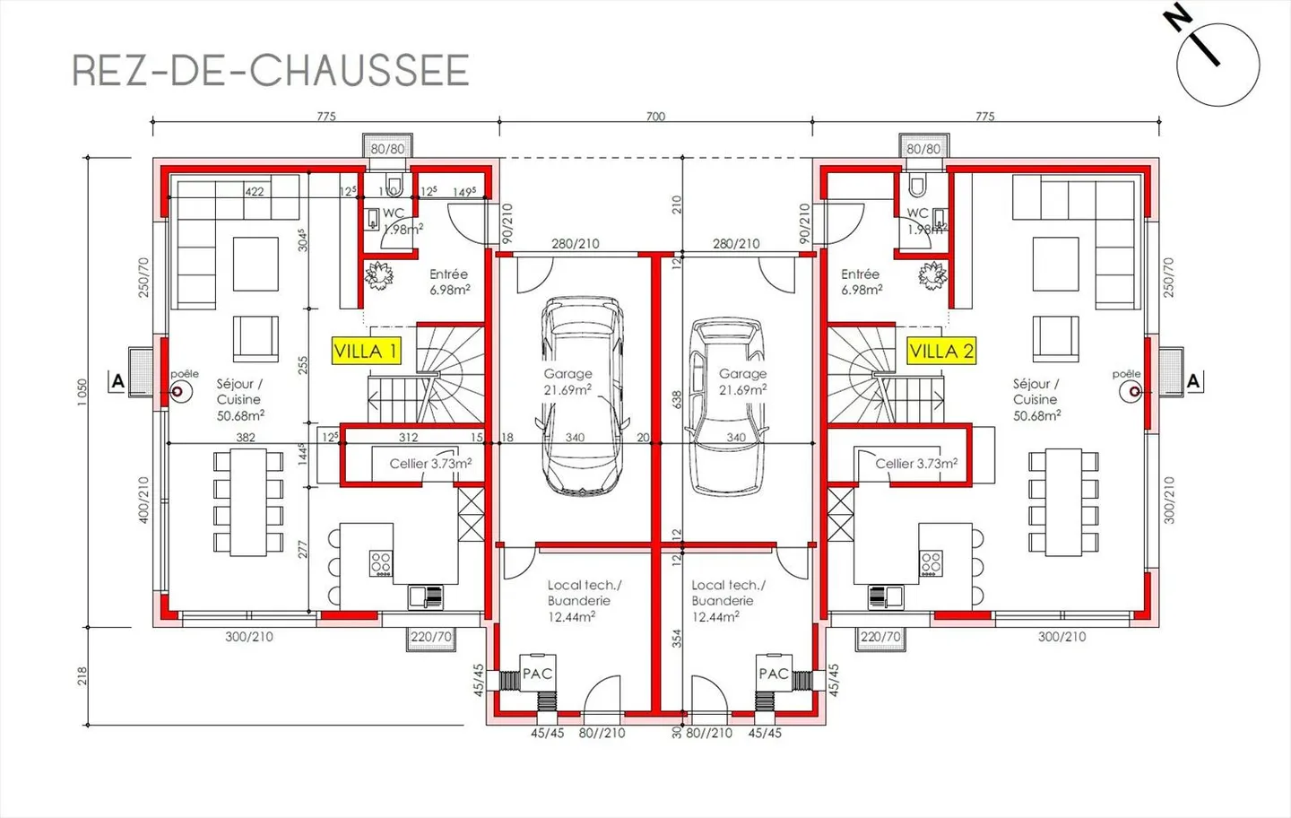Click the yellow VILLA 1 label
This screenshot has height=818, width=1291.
[366, 351]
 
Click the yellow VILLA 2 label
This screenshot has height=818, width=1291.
[940, 351]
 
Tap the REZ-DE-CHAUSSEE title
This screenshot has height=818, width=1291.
[271, 71]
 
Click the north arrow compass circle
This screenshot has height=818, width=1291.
[1217, 65]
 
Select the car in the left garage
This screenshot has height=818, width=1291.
[582, 396]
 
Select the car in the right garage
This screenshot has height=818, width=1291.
[727, 405]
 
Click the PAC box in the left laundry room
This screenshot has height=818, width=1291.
[537, 674]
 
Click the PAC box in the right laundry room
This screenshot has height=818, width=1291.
[774, 674]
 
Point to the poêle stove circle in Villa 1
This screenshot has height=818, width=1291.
[178, 391]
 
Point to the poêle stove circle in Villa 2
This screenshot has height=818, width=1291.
[1135, 392]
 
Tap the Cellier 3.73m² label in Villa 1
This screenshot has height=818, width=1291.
[430, 464]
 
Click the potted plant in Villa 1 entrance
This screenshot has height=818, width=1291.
[379, 274]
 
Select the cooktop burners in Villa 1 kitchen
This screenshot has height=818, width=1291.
[380, 563]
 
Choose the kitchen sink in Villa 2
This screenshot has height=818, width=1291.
[883, 596]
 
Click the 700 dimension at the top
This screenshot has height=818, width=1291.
[655, 116]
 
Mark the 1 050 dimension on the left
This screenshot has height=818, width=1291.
[82, 392]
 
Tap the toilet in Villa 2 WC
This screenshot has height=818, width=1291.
[916, 187]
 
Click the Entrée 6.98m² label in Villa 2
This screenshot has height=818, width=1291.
[861, 282]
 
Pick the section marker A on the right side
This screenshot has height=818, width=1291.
[1192, 381]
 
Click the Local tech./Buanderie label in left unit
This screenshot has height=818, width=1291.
[583, 600]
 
